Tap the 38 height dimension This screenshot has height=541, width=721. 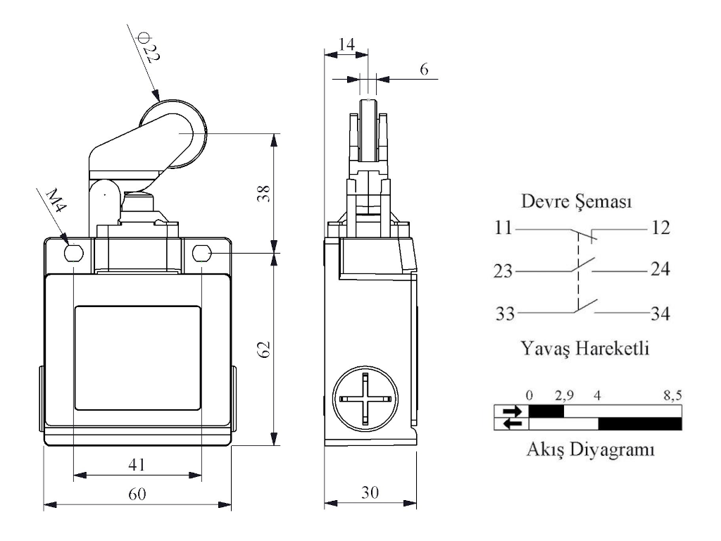pos(261,193)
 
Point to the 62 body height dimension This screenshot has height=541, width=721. pos(262,349)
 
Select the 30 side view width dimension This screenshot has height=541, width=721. pos(369,493)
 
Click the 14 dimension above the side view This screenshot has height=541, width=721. pos(346,44)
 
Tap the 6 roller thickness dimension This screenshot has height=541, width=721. pos(424,70)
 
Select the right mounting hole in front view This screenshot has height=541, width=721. pos(201,251)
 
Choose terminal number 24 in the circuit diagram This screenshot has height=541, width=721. pos(660,270)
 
